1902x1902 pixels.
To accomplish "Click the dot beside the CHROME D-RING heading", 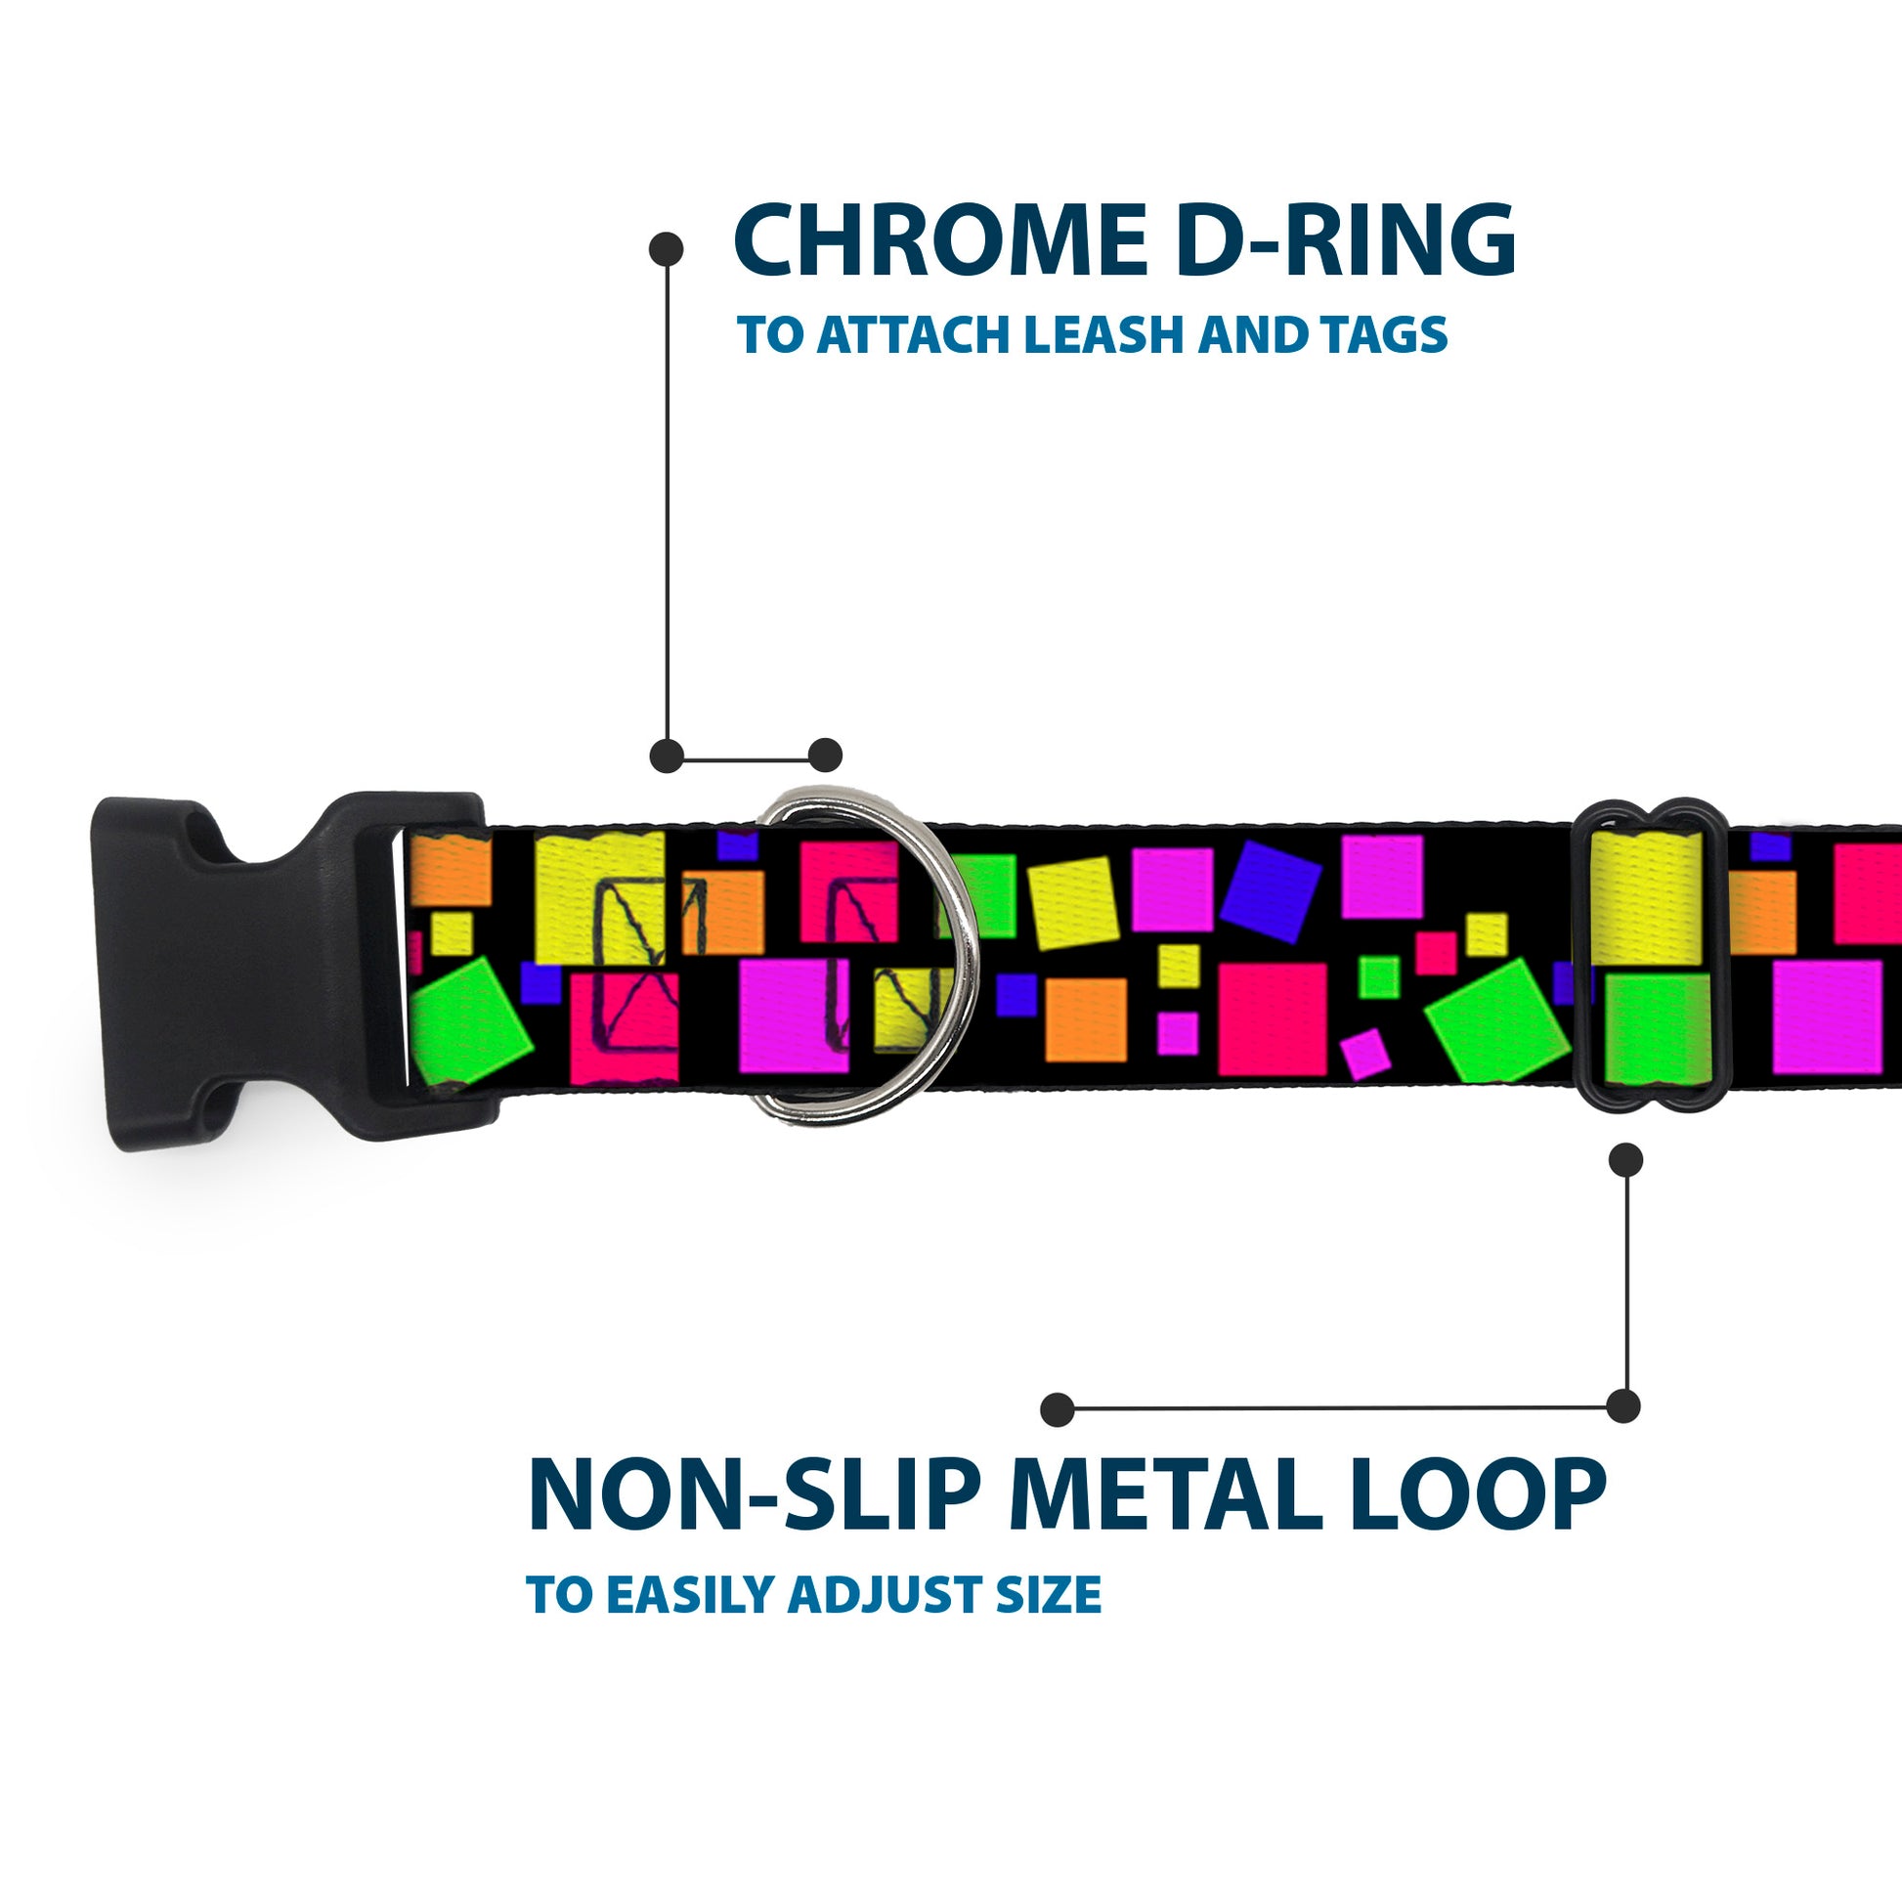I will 667,248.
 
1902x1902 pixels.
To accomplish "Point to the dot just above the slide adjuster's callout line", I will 1625,1160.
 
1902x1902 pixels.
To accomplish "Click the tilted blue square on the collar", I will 1270,891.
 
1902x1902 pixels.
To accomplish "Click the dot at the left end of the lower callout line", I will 1058,1409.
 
